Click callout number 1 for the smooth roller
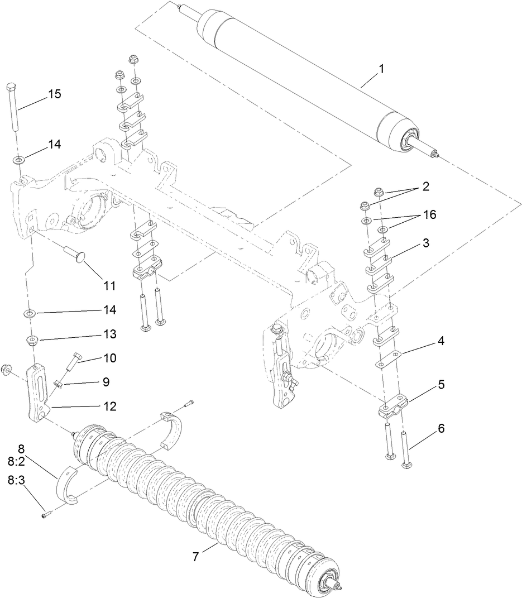[381, 69]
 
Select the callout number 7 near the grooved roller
[196, 557]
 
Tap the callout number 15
[54, 94]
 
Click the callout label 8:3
[15, 480]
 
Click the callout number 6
[441, 429]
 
